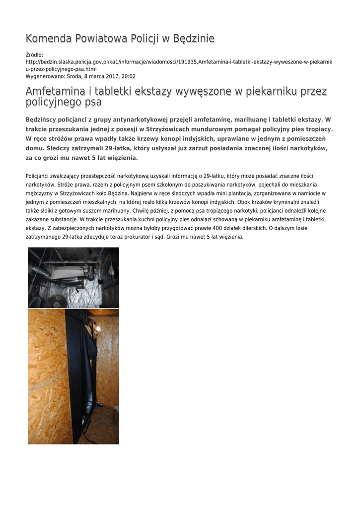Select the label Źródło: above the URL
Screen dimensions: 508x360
pyautogui.click(x=34, y=55)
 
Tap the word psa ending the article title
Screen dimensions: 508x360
pyautogui.click(x=93, y=102)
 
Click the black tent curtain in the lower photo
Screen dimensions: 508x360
pyautogui.click(x=79, y=367)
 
